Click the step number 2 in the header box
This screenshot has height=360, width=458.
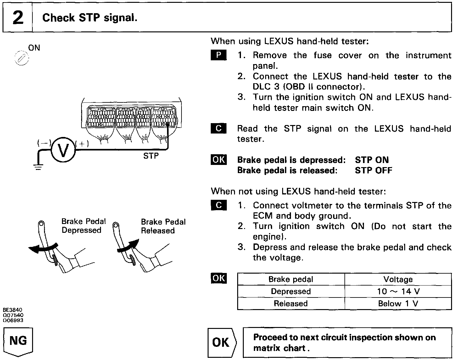18,18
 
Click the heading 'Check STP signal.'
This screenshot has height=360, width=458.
90,18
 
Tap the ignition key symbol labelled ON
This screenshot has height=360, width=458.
22,58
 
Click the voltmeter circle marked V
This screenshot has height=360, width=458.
63,150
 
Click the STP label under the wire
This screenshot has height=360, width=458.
151,156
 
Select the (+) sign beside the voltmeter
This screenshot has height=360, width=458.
82,144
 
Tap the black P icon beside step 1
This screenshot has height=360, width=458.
218,55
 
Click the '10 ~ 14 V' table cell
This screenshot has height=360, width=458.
398,292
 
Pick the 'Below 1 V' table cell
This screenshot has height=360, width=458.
398,303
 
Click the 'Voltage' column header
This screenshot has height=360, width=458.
398,279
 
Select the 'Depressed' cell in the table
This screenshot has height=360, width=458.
291,292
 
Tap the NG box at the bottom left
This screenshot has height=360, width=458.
18,341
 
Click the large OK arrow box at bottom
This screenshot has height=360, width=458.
221,342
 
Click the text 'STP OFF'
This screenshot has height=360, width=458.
373,170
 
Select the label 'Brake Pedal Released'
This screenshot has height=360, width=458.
163,226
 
